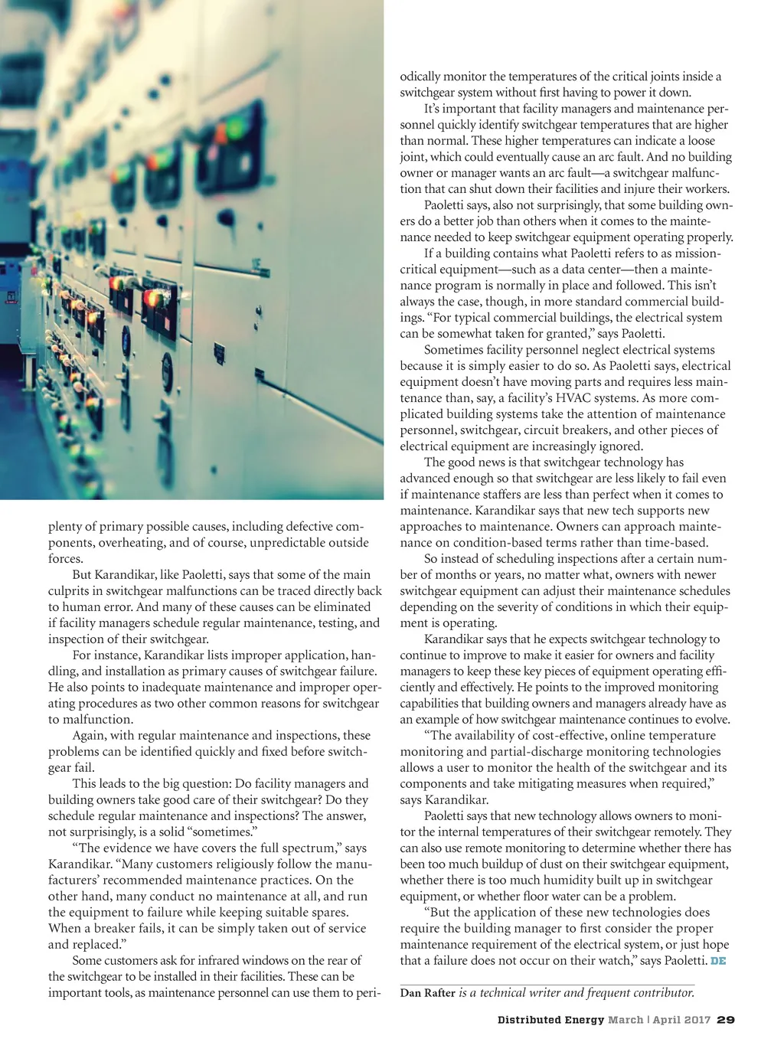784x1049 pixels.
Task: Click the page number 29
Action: coord(727,1020)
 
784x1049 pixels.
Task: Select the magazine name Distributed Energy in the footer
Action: coord(550,1020)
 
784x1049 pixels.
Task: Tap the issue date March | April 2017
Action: coord(659,1020)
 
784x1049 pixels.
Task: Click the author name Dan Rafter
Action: coord(427,993)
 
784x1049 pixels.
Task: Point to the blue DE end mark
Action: coord(718,961)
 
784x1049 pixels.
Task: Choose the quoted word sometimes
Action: coord(228,832)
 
